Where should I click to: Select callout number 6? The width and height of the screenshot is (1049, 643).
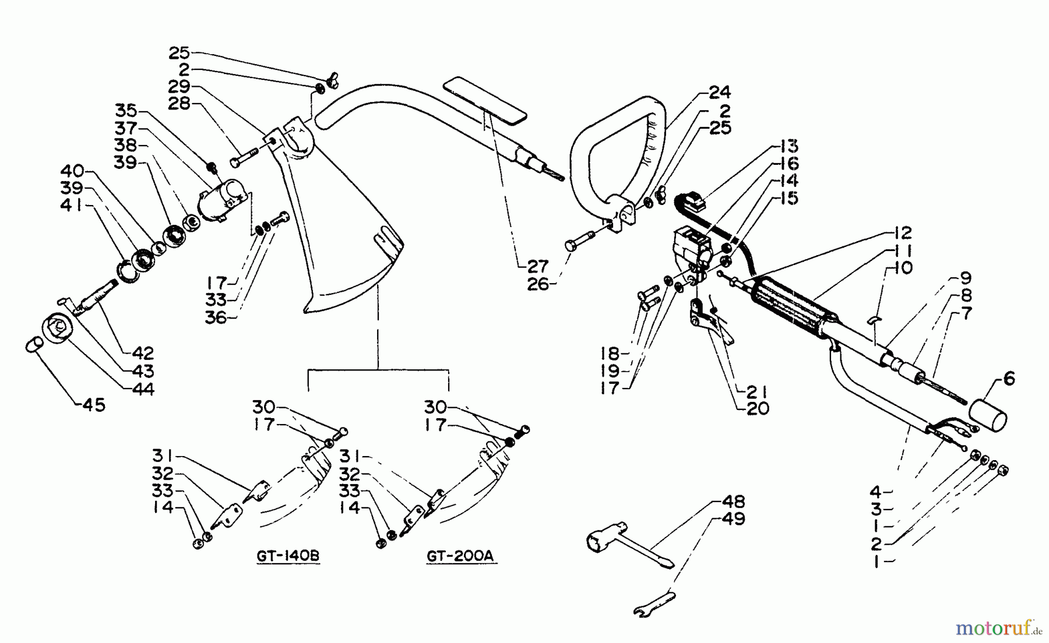pyautogui.click(x=1009, y=379)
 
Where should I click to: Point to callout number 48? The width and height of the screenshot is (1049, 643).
pyautogui.click(x=733, y=502)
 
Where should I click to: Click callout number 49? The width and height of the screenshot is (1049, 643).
pyautogui.click(x=733, y=519)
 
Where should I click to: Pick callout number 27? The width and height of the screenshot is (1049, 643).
pyautogui.click(x=537, y=266)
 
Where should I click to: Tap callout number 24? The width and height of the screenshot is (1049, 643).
pyautogui.click(x=719, y=93)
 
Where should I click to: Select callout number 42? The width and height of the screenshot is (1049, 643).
pyautogui.click(x=143, y=353)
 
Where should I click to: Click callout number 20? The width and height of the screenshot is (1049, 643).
pyautogui.click(x=757, y=409)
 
